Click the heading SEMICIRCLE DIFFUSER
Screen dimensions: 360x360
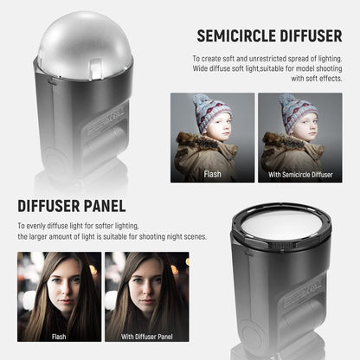(269, 36)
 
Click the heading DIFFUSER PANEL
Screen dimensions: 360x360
(72, 206)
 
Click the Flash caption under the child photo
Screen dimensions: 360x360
(212, 173)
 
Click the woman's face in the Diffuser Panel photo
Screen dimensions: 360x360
(138, 281)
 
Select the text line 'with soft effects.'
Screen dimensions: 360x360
(316, 79)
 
